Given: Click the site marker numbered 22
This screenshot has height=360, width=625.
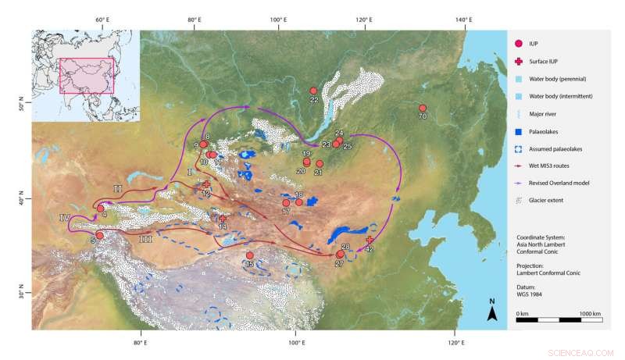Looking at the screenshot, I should (x=313, y=91).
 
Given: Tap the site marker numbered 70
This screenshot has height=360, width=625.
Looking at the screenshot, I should (x=423, y=109).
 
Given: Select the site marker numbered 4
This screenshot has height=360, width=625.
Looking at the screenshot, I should (x=101, y=209).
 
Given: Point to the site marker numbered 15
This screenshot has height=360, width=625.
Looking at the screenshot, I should (x=250, y=255).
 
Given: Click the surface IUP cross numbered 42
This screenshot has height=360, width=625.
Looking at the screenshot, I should (x=370, y=241).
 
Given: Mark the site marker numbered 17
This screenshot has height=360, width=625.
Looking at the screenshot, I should (x=287, y=203).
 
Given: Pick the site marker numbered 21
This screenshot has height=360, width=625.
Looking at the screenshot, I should (x=320, y=164).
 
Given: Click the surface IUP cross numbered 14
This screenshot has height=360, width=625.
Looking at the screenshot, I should (x=223, y=219).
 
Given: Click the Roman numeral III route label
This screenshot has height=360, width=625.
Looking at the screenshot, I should (x=145, y=239).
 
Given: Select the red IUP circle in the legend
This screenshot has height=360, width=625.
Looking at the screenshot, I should (x=520, y=45).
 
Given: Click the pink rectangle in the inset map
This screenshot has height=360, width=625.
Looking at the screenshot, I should (x=87, y=76).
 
